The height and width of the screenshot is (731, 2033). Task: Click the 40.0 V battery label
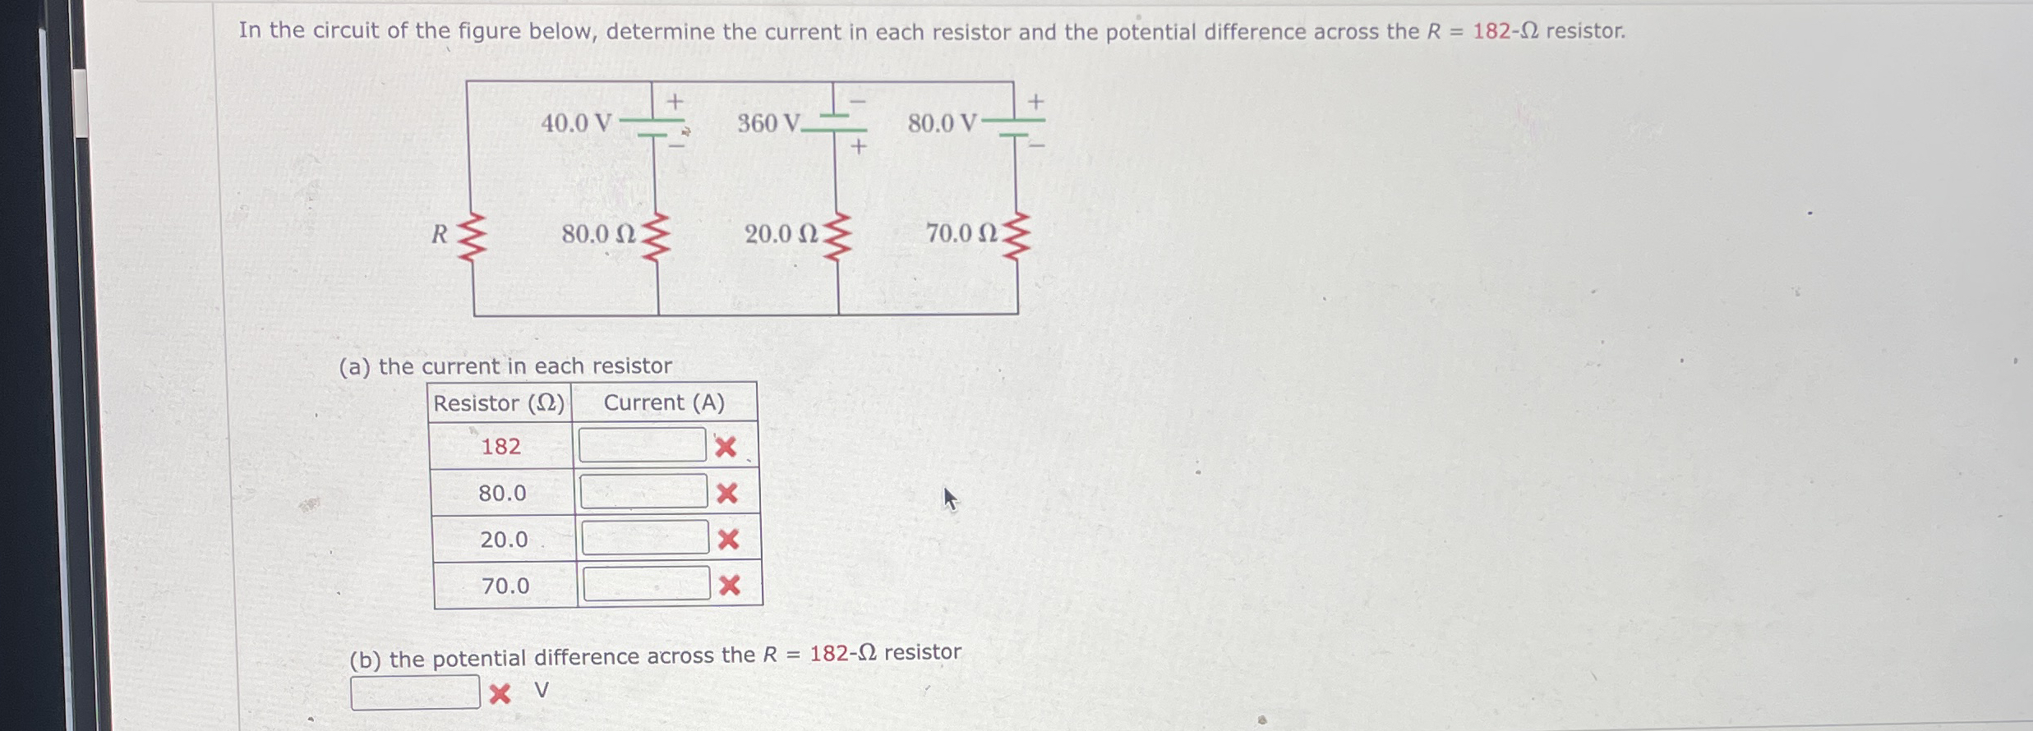coord(576,123)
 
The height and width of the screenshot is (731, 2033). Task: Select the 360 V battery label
coord(768,123)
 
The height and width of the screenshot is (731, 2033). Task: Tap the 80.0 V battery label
coord(942,123)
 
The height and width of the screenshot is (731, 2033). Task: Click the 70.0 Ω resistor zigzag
coord(1016,237)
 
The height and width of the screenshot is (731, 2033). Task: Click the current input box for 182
coord(642,445)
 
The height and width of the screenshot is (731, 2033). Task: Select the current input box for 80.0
coord(643,491)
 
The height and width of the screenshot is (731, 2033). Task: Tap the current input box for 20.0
coord(645,537)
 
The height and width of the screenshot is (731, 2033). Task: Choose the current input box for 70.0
coord(647,583)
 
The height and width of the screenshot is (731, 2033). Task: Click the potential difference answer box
coord(415,692)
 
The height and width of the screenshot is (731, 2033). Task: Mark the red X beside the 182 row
coord(726,447)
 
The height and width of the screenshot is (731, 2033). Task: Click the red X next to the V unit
coord(500,694)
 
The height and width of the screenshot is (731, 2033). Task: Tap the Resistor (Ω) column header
coord(500,403)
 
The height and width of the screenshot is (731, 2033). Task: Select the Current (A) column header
coord(664,402)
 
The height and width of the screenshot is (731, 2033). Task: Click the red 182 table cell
coord(500,446)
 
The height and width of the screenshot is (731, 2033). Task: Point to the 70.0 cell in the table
coord(505,586)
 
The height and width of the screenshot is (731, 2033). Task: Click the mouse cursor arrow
coord(950,499)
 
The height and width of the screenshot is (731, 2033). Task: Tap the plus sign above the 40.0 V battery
coord(675,102)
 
